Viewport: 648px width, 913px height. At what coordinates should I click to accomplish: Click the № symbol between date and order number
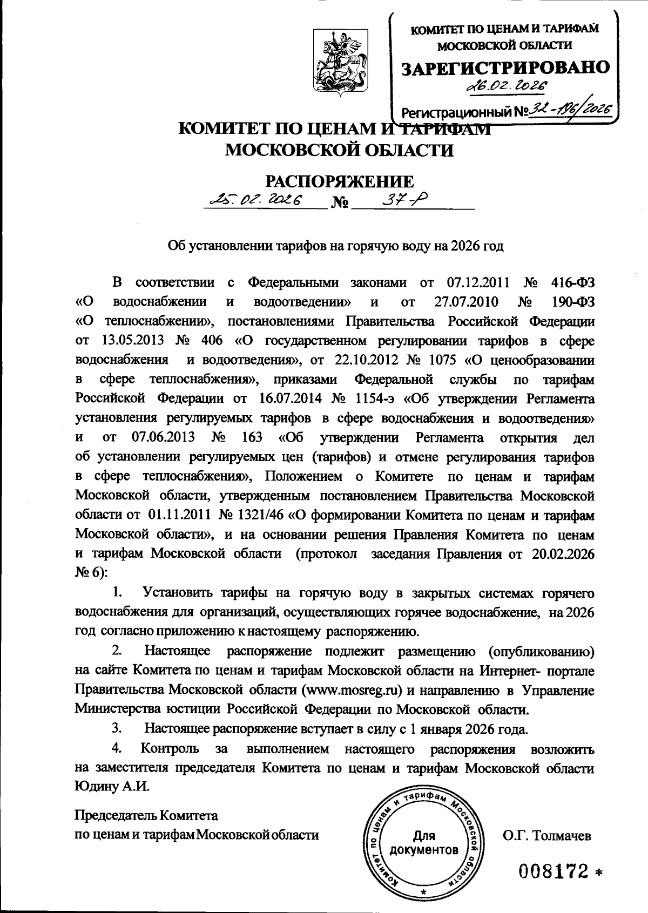pos(340,204)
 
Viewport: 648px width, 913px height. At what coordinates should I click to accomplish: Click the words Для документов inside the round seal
pos(424,843)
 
